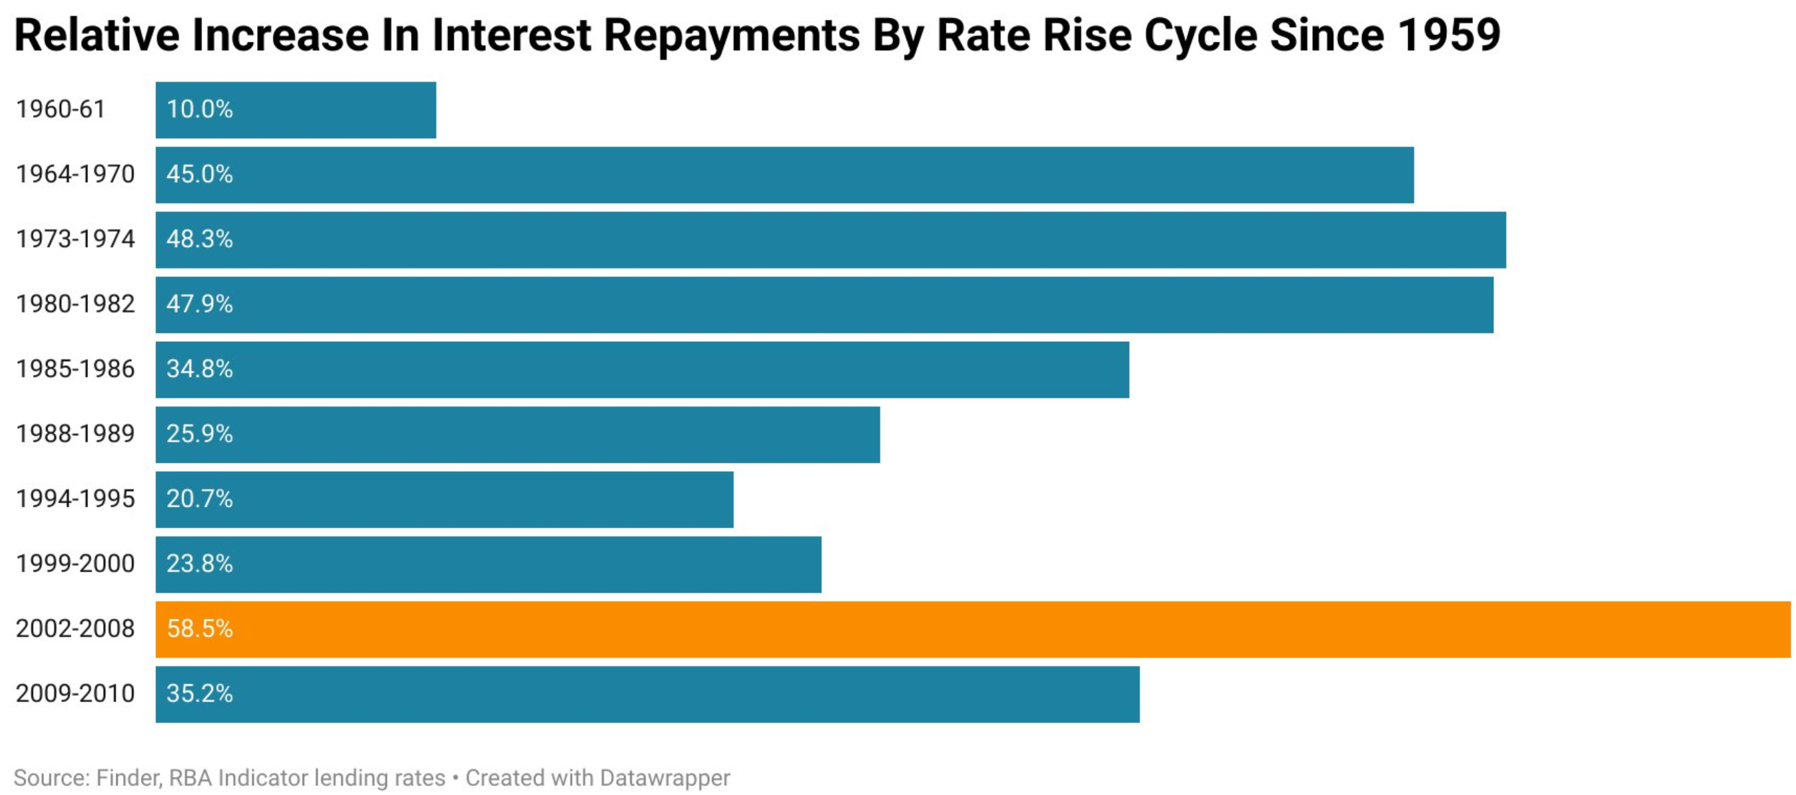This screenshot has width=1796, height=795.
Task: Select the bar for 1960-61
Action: pyautogui.click(x=296, y=110)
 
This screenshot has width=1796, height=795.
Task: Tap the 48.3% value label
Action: pyautogui.click(x=199, y=239)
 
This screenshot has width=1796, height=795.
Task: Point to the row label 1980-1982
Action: pyautogui.click(x=76, y=304)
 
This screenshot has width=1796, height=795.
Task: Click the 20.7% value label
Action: pyautogui.click(x=199, y=499)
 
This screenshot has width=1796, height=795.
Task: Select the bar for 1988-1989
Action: pyautogui.click(x=518, y=435)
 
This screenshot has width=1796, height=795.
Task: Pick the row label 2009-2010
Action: pyautogui.click(x=76, y=693)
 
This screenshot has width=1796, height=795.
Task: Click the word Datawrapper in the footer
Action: pyautogui.click(x=665, y=778)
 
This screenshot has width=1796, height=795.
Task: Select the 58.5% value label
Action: pyautogui.click(x=199, y=629)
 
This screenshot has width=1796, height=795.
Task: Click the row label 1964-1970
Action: pyautogui.click(x=76, y=175)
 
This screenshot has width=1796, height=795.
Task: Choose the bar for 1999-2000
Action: pyautogui.click(x=488, y=564)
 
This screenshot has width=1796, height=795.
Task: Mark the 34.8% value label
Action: pyautogui.click(x=199, y=369)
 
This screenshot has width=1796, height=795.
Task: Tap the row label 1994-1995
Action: pyautogui.click(x=76, y=499)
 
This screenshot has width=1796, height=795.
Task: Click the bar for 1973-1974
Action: pyautogui.click(x=830, y=240)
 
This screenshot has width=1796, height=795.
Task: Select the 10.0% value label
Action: pyautogui.click(x=199, y=109)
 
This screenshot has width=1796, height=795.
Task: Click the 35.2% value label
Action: pyautogui.click(x=199, y=693)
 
